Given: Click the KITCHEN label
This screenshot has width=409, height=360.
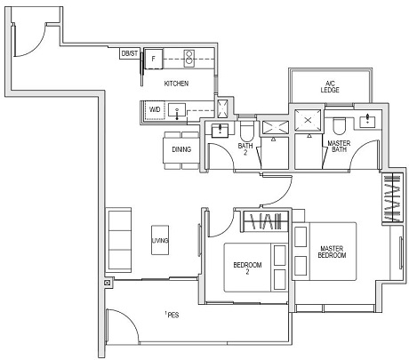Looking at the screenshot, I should (178, 84).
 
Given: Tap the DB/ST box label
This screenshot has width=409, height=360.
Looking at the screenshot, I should (129, 54).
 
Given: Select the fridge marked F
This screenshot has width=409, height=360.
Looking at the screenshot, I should (155, 59).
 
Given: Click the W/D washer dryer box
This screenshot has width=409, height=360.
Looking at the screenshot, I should (154, 111).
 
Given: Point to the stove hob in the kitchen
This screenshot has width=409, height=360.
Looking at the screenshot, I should (188, 59).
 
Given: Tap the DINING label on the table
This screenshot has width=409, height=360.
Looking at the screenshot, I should (182, 149).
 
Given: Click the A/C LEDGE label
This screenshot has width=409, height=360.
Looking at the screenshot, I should (328, 88).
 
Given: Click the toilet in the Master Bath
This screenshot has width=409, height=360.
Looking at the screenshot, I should (340, 122).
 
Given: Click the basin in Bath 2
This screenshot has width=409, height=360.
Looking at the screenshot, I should (217, 130).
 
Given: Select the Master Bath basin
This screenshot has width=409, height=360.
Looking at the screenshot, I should (366, 120).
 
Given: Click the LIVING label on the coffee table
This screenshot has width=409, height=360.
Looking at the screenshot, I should (160, 240).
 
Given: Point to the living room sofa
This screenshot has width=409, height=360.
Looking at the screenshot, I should (116, 239).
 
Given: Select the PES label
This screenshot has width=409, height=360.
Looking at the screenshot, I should (172, 316).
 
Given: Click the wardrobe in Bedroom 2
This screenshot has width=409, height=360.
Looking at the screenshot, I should (263, 220).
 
